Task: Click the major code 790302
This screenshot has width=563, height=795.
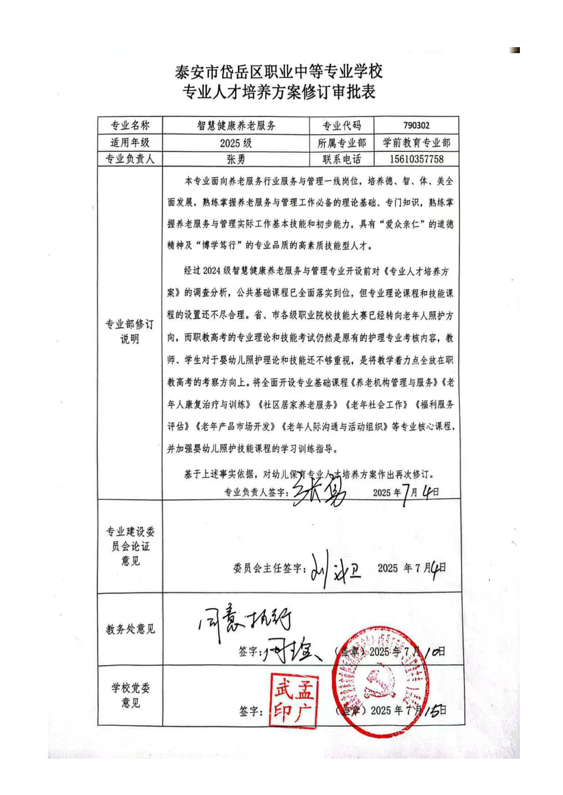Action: coord(416,125)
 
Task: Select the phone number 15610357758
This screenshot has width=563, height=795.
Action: coord(416,159)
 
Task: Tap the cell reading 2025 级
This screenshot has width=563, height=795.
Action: coord(236,143)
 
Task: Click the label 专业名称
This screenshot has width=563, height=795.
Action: coord(130,125)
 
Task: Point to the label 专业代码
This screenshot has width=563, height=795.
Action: coord(342,126)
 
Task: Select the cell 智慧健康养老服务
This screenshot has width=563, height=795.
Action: coord(236,125)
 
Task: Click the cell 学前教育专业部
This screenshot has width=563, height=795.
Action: coord(416,142)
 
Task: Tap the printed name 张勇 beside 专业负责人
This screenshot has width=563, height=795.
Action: coord(236,159)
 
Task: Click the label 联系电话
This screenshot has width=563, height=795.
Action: coord(342,159)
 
